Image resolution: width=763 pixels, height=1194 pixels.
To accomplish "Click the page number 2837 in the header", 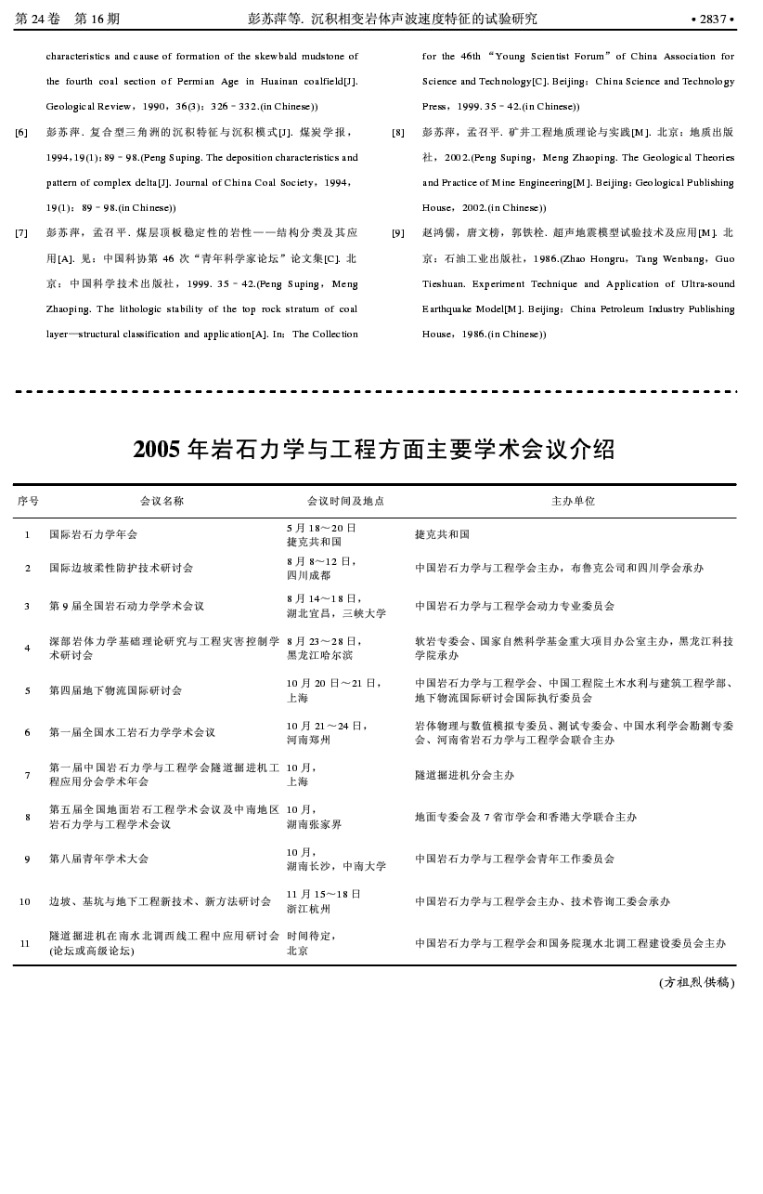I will (713, 19).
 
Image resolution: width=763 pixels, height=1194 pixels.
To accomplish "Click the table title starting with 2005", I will (374, 450).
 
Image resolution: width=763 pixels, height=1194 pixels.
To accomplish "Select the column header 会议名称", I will (162, 501).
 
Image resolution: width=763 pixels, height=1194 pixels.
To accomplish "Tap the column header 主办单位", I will (573, 501).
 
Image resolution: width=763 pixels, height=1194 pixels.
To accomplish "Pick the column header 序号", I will (28, 501).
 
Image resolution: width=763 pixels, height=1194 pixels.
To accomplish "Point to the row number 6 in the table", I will (28, 732).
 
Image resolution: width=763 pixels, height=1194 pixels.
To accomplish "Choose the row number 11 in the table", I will (25, 943).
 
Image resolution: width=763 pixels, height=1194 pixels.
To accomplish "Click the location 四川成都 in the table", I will (308, 575).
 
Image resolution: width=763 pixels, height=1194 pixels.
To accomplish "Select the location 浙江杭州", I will (308, 909).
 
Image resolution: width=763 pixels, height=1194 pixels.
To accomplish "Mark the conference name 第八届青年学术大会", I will (98, 859).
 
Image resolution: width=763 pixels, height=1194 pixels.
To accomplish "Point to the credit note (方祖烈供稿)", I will (696, 982).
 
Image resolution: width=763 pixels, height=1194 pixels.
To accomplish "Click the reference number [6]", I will (21, 133).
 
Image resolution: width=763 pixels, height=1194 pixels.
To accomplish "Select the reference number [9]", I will (397, 233).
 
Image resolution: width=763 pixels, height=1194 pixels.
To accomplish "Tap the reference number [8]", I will (397, 133).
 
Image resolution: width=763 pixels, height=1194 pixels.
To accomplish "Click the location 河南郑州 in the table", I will (308, 740).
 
